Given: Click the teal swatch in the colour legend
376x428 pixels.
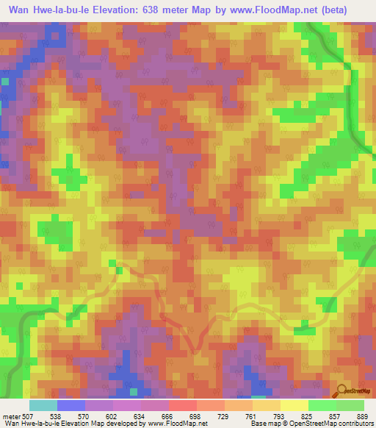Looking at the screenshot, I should pyautogui.click(x=43, y=405).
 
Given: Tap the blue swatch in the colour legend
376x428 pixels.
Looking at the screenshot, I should pyautogui.click(x=71, y=405).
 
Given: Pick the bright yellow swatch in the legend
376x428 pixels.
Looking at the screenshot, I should pyautogui.click(x=294, y=405).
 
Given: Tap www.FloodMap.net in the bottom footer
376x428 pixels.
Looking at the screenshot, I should pyautogui.click(x=170, y=424).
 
